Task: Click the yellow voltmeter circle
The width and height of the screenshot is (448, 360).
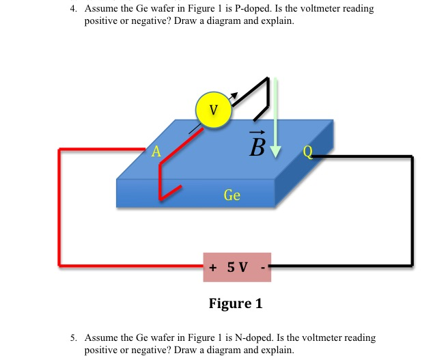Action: coord(214,109)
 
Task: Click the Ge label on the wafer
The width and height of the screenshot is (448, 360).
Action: coord(232,195)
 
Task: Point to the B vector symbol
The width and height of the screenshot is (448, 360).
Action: coord(257,144)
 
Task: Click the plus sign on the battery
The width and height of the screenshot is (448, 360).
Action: coord(213,266)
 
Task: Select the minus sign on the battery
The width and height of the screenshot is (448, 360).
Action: coord(262,266)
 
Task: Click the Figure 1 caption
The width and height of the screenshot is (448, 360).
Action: coord(236,303)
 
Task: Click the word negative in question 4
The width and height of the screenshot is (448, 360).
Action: coord(145,23)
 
